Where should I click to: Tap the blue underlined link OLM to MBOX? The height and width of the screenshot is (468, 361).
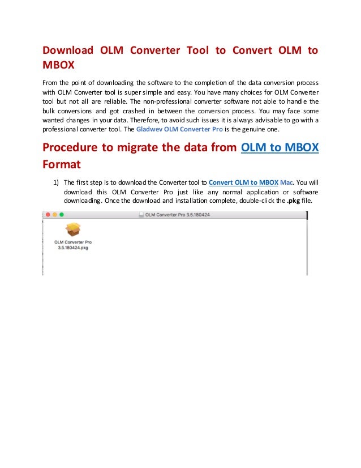point(280,148)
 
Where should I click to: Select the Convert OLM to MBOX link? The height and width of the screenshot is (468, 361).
point(244,182)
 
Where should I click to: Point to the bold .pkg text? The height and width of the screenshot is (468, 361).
point(291,202)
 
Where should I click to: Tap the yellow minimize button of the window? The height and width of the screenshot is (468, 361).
point(55,215)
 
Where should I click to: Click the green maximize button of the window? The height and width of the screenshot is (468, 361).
point(62,215)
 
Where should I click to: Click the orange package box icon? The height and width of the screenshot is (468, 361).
point(73,229)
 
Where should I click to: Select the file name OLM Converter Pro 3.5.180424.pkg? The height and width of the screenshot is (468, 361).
point(73,245)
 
